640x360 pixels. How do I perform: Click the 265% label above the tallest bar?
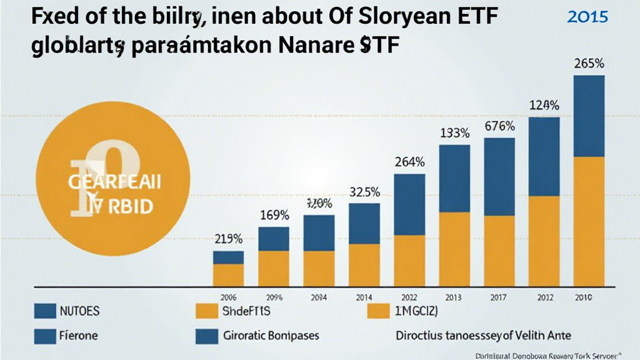click(x=589, y=64)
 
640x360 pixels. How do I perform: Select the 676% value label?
click(x=499, y=126)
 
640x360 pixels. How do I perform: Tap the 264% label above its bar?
click(x=410, y=162)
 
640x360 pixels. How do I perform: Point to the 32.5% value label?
click(x=364, y=192)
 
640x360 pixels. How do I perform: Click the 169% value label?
click(x=274, y=216)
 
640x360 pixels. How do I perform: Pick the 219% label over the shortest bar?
click(x=229, y=239)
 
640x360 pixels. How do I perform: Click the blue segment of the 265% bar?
click(x=589, y=116)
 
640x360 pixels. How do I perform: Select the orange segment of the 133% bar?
click(x=454, y=249)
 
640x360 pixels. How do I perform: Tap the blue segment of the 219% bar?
click(x=228, y=257)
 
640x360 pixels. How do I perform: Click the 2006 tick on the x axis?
click(x=228, y=297)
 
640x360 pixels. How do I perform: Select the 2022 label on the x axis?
click(x=409, y=297)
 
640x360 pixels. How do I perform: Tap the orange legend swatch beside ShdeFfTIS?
click(x=205, y=311)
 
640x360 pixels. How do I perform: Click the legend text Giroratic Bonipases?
click(x=271, y=336)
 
